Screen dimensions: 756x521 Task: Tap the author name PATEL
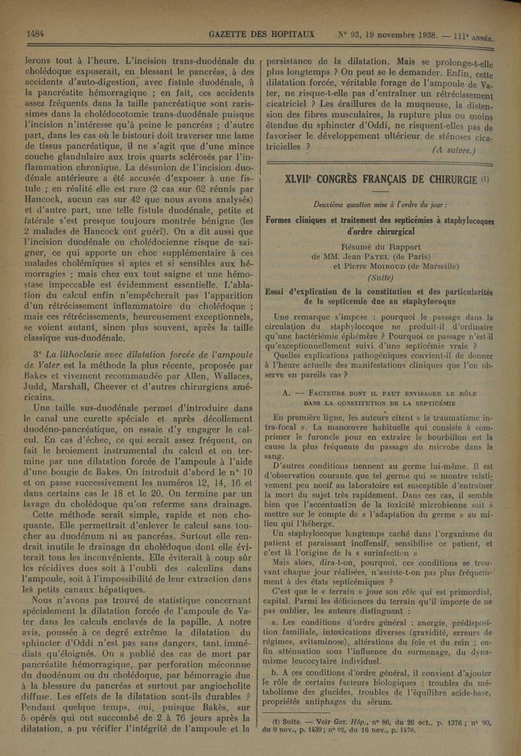click(388, 255)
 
